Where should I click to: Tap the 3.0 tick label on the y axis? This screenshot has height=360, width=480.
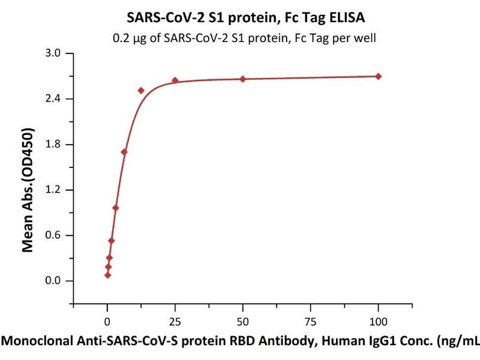pos(55,53)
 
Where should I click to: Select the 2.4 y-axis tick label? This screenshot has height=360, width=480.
pos(55,99)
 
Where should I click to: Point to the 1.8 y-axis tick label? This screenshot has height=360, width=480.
pos(55,145)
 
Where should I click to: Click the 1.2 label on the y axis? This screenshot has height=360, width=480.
pos(55,190)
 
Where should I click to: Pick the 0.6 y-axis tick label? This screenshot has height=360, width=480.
pos(55,236)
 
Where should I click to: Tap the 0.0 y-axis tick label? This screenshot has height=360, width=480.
pos(55,281)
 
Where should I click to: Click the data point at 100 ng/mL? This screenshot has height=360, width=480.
pos(379,76)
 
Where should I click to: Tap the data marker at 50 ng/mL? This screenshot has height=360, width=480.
pos(243,79)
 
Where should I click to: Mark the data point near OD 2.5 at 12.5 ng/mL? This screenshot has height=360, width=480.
pos(141,91)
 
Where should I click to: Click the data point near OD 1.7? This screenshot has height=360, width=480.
pos(124,152)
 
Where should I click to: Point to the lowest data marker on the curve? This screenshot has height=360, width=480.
pos(107,275)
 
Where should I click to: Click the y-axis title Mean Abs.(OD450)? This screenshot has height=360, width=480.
pos(27,189)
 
